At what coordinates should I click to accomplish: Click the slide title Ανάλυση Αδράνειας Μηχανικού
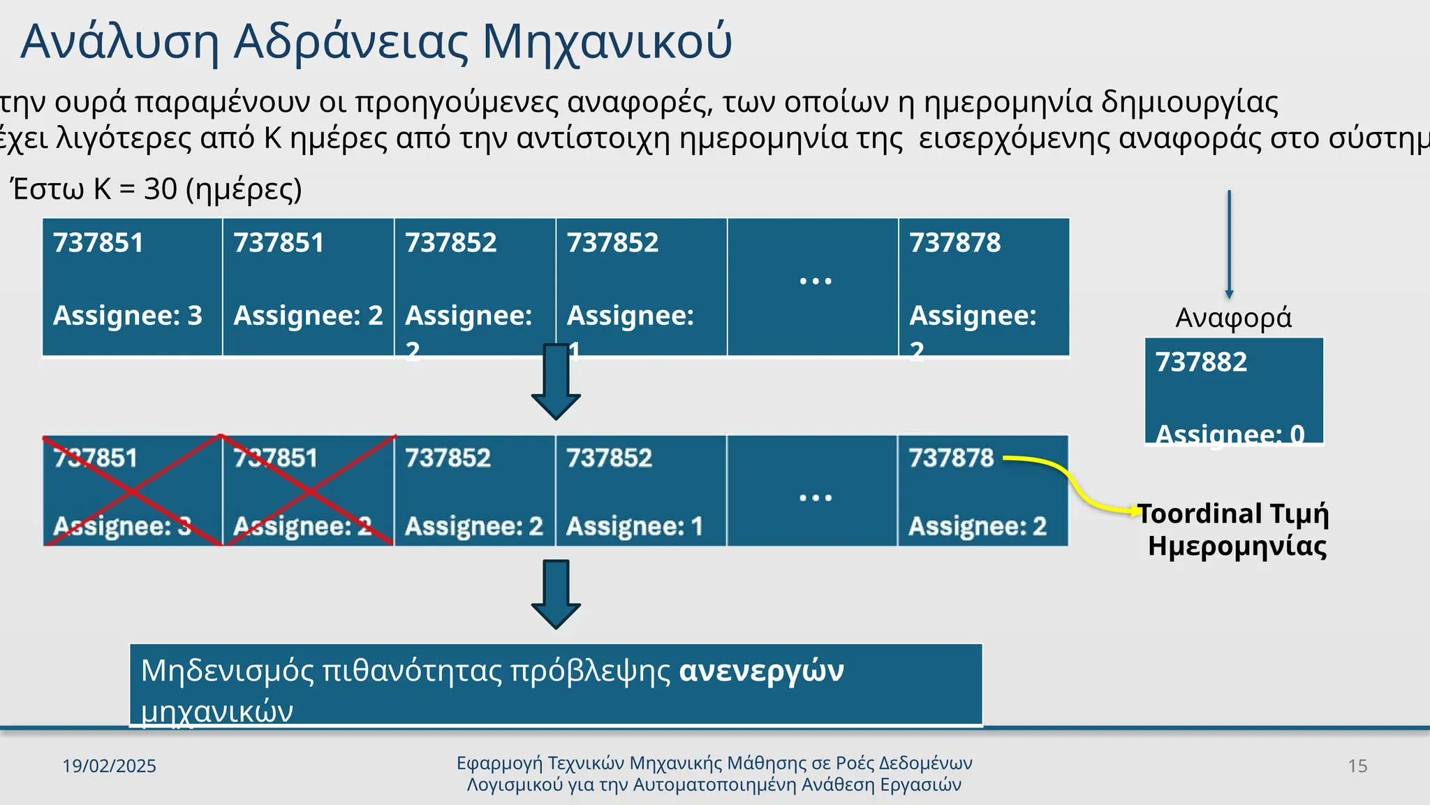(x=376, y=42)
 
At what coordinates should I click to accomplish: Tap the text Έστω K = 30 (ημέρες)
(x=157, y=189)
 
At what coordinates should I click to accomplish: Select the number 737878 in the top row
(x=954, y=243)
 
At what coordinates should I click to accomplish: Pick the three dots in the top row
(x=815, y=282)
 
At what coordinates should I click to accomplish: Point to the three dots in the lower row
(x=815, y=498)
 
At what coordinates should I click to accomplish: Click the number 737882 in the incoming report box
(x=1201, y=363)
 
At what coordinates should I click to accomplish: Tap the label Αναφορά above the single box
(x=1233, y=318)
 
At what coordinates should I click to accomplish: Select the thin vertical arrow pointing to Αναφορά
(x=1229, y=244)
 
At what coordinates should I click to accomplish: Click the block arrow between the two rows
(x=556, y=382)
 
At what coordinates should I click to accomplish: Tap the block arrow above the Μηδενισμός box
(x=556, y=594)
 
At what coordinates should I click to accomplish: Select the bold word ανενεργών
(x=761, y=671)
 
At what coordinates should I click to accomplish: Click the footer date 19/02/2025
(x=109, y=767)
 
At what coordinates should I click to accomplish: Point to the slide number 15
(x=1357, y=767)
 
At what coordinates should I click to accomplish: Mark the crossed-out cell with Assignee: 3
(x=132, y=491)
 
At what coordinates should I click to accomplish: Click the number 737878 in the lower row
(x=950, y=458)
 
